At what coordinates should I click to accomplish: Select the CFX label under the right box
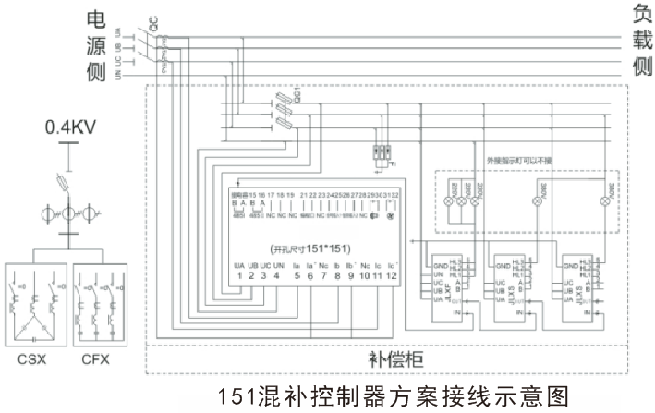[x=95, y=359]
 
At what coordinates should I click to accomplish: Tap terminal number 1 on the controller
[x=238, y=274]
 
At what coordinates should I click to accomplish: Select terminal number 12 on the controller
[x=392, y=274]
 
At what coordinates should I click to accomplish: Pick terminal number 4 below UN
[x=277, y=274]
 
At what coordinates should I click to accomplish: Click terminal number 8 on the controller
[x=337, y=274]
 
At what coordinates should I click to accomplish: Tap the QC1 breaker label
[x=297, y=95]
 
